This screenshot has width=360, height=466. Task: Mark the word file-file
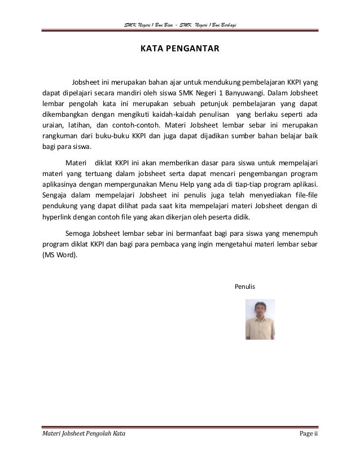(x=302, y=195)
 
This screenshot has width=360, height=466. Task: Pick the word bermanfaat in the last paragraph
(x=174, y=233)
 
